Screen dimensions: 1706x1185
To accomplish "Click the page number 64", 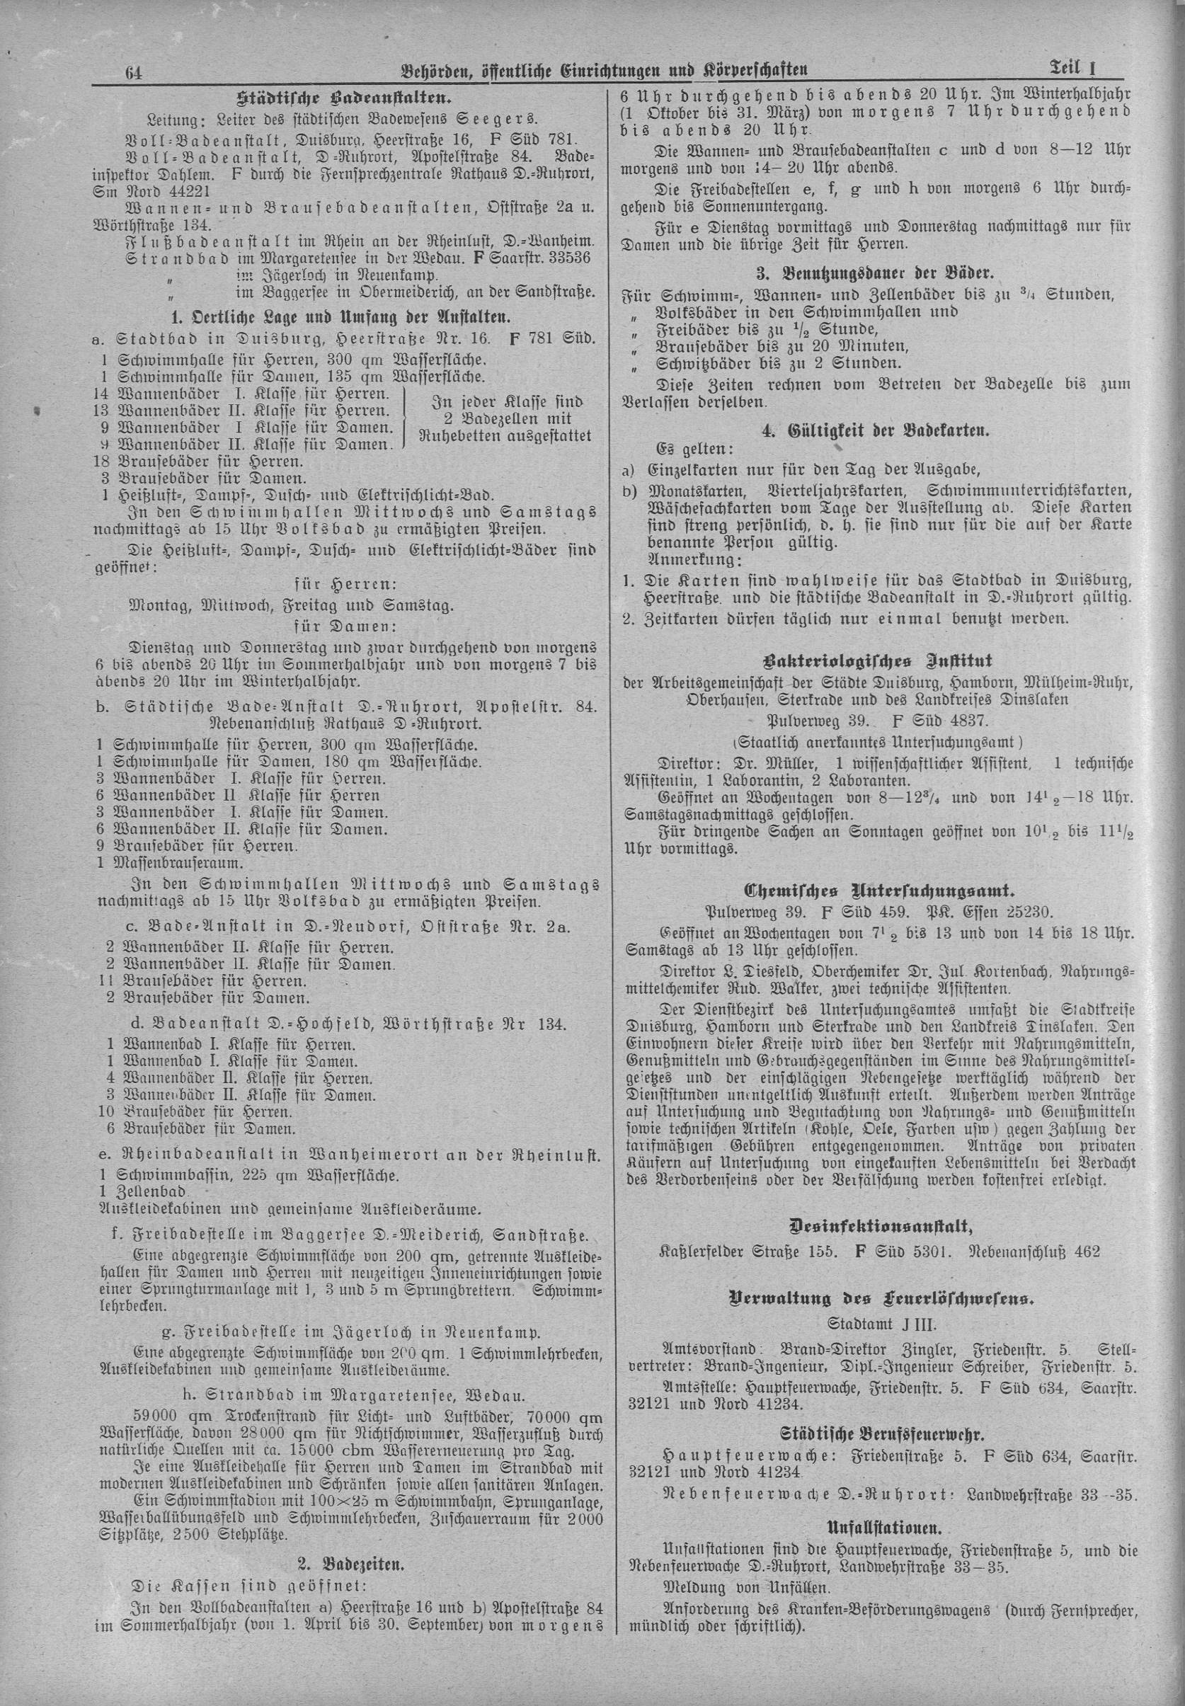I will click(x=134, y=73).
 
